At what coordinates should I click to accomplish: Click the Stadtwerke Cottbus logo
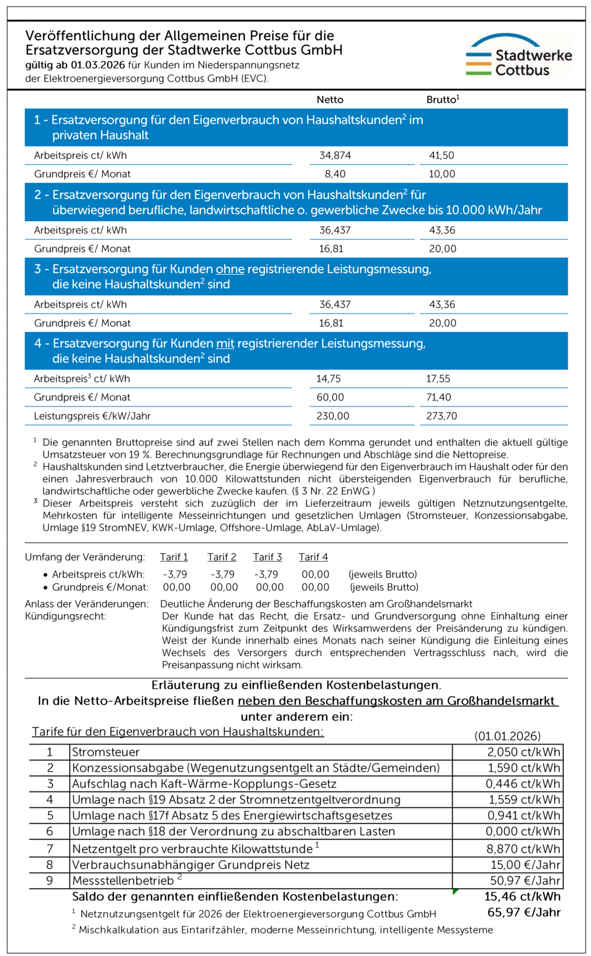[518, 55]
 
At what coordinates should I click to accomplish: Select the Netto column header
[330, 100]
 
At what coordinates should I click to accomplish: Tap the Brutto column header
[443, 100]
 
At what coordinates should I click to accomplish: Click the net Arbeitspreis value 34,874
[335, 156]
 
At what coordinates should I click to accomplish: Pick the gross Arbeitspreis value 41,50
[441, 156]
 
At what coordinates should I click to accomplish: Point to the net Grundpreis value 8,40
[335, 174]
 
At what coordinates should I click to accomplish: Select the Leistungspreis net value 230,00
[332, 416]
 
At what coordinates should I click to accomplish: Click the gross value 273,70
[441, 416]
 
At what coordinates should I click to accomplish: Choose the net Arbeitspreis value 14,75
[329, 379]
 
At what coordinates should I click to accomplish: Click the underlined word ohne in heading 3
[230, 269]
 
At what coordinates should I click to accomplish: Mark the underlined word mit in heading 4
[225, 344]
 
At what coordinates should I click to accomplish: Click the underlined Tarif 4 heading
[313, 557]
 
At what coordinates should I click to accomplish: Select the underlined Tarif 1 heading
[174, 557]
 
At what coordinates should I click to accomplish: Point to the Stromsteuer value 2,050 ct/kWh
[523, 752]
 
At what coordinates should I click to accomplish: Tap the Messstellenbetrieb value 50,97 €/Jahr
[525, 881]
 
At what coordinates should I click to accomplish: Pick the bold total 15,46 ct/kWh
[522, 897]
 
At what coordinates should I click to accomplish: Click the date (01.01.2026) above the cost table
[507, 736]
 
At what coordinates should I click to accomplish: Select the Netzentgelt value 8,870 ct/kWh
[523, 849]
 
